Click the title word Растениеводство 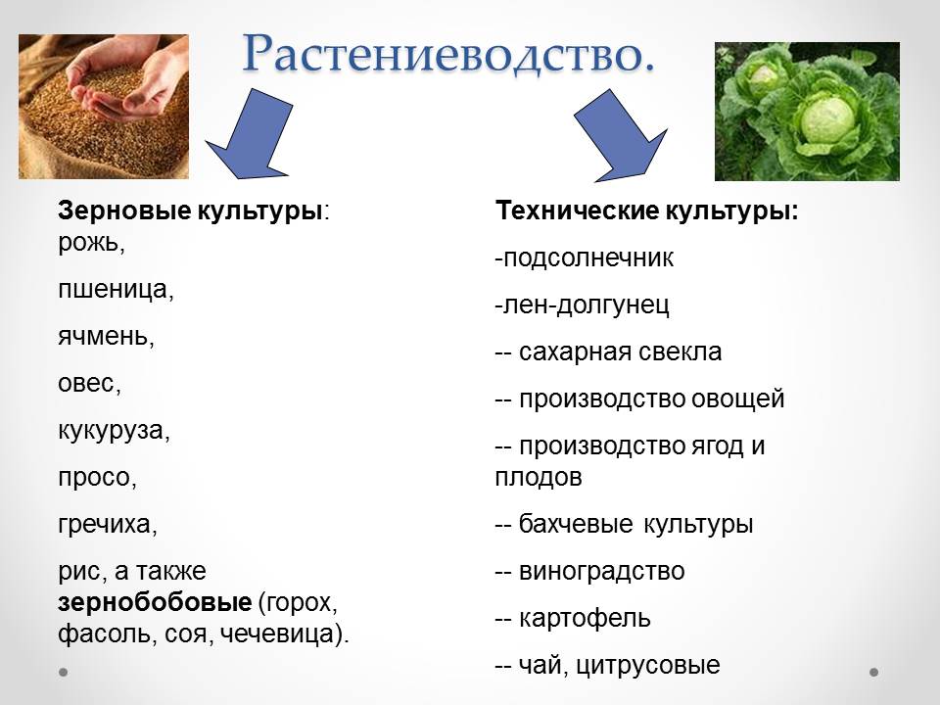448,54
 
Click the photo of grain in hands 104,107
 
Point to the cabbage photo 807,112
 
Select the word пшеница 113,290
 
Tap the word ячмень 103,336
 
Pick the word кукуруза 111,431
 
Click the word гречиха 105,525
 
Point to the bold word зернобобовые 155,602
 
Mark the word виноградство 601,571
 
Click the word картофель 585,618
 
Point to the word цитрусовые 648,666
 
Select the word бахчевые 576,525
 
